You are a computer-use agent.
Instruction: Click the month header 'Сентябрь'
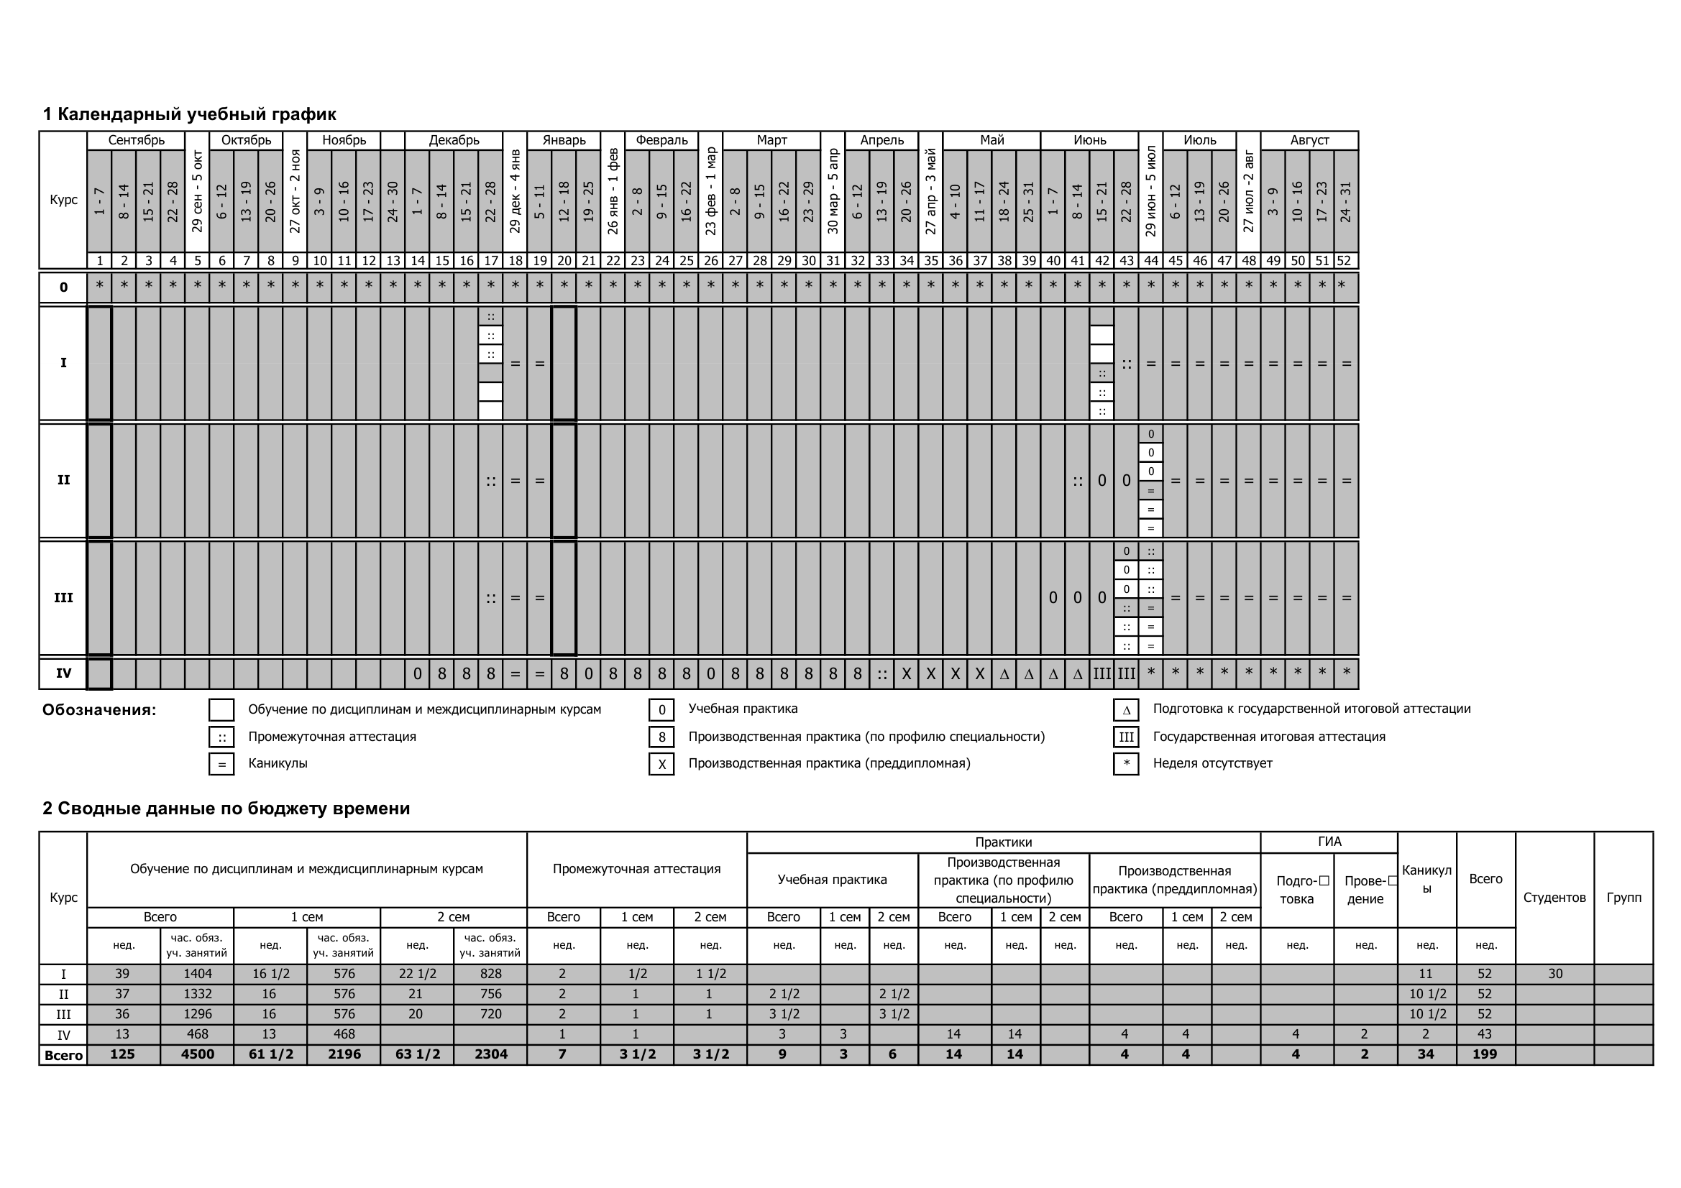pyautogui.click(x=136, y=140)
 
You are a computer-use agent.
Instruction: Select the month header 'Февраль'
pyautogui.click(x=661, y=140)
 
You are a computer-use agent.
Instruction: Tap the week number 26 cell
pyautogui.click(x=710, y=261)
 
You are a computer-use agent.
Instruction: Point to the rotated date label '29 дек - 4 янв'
pyautogui.click(x=515, y=192)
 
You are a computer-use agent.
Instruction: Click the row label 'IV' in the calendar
pyautogui.click(x=64, y=673)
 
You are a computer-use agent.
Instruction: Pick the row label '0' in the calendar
pyautogui.click(x=64, y=287)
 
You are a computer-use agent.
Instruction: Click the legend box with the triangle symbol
pyautogui.click(x=1126, y=709)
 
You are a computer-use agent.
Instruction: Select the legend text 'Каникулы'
pyautogui.click(x=278, y=763)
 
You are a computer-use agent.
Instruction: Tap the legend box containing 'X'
pyautogui.click(x=661, y=764)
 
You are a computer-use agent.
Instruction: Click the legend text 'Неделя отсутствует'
pyautogui.click(x=1212, y=763)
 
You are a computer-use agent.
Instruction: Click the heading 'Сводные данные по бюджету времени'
pyautogui.click(x=226, y=808)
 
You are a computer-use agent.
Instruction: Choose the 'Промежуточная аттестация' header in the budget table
pyautogui.click(x=636, y=869)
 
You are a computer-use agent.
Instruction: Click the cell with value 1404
pyautogui.click(x=197, y=975)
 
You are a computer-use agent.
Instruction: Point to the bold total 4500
pyautogui.click(x=197, y=1055)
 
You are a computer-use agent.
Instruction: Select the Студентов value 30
pyautogui.click(x=1555, y=975)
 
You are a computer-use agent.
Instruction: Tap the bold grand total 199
pyautogui.click(x=1485, y=1055)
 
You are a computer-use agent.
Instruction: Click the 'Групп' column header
pyautogui.click(x=1623, y=898)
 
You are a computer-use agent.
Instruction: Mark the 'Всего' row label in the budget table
pyautogui.click(x=64, y=1056)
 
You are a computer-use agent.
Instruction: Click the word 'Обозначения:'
pyautogui.click(x=99, y=710)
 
